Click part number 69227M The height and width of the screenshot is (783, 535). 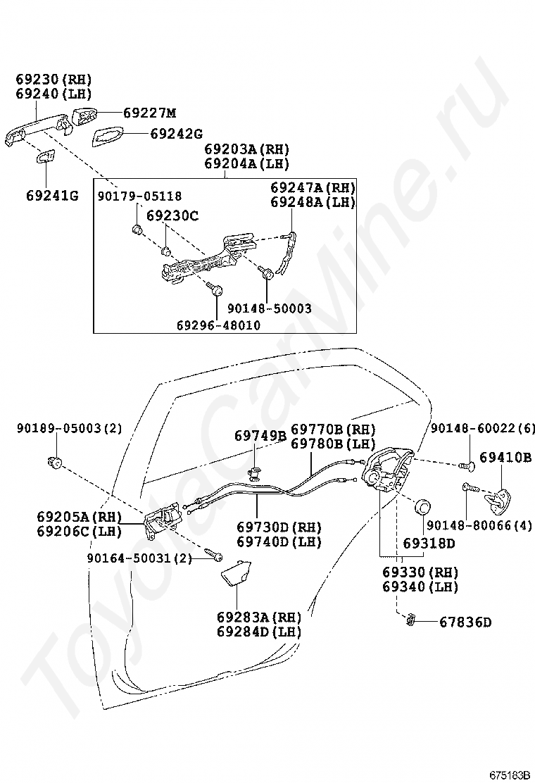point(149,113)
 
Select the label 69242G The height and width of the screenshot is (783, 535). point(176,133)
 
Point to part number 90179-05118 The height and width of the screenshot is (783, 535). point(139,196)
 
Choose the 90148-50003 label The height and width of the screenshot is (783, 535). point(269,308)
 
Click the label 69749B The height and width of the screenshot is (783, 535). point(260,437)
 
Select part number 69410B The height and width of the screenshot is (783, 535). point(505,457)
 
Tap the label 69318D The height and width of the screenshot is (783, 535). point(429,543)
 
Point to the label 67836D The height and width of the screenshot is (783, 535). point(465,622)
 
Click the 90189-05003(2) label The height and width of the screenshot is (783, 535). point(70,428)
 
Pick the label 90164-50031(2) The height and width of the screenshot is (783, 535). point(139,558)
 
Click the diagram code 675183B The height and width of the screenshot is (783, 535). point(510,775)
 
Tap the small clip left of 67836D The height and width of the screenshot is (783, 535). point(410,620)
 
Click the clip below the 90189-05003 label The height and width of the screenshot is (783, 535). point(54,462)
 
